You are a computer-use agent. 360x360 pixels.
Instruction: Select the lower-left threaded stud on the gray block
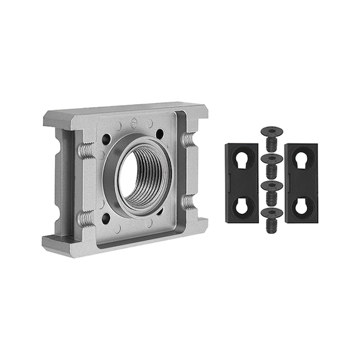(x=86, y=218)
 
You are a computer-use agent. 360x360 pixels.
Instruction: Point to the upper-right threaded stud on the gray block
(x=188, y=139)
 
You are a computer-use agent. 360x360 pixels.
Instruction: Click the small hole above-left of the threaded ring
(x=107, y=137)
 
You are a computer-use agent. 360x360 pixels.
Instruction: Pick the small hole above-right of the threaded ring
(x=161, y=133)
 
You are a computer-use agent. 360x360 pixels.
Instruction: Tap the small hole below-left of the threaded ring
(x=106, y=218)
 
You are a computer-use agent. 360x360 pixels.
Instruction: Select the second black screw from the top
(x=271, y=164)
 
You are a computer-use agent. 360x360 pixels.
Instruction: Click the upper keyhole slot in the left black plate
(x=241, y=161)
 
